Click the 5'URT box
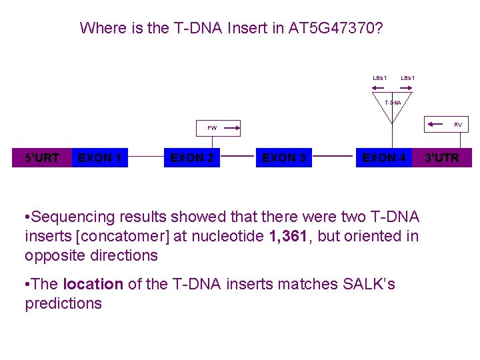tap(41, 158)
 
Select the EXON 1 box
tap(99, 158)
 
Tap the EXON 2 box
tap(192, 158)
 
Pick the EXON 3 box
tap(284, 158)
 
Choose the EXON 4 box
tap(383, 158)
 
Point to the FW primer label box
tap(212, 127)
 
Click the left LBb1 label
tap(380, 79)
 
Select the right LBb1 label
tap(408, 79)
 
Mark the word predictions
tap(63, 304)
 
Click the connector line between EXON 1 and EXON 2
tap(146, 159)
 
